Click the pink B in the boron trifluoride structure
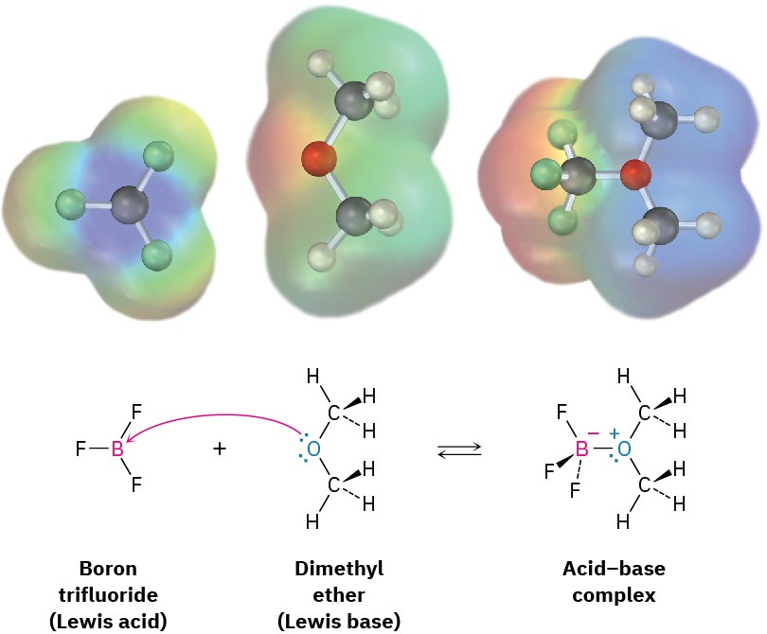coord(117,449)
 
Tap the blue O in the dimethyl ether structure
coord(315,449)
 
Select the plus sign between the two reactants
coord(220,449)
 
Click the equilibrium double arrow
coord(459,449)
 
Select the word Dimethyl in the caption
coord(338,569)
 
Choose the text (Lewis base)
coord(338,622)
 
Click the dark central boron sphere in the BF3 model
coord(131,203)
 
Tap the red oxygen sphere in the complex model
coord(637,174)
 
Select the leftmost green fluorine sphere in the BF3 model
coord(69,203)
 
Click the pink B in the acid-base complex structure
coord(582,449)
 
